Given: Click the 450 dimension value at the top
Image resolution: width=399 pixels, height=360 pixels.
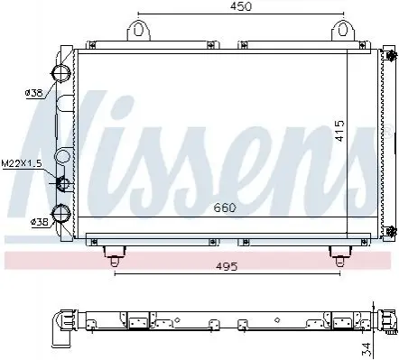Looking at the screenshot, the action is pyautogui.click(x=241, y=6).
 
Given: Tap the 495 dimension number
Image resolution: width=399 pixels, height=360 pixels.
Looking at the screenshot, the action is pyautogui.click(x=227, y=266).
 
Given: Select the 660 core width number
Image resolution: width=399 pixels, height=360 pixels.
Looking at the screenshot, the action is pyautogui.click(x=225, y=208).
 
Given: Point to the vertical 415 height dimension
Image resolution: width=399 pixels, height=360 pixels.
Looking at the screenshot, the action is pyautogui.click(x=339, y=131).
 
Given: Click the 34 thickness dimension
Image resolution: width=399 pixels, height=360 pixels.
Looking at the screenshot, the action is pyautogui.click(x=367, y=348).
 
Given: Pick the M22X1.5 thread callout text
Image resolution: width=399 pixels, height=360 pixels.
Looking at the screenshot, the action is pyautogui.click(x=22, y=163).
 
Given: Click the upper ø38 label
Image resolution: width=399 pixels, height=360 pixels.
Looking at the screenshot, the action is pyautogui.click(x=33, y=93).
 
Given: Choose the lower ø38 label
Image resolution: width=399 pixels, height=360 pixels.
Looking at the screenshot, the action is pyautogui.click(x=40, y=222).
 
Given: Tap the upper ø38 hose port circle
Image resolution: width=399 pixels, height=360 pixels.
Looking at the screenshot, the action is pyautogui.click(x=61, y=72).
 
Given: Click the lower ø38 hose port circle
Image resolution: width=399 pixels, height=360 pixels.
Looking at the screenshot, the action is pyautogui.click(x=61, y=213).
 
